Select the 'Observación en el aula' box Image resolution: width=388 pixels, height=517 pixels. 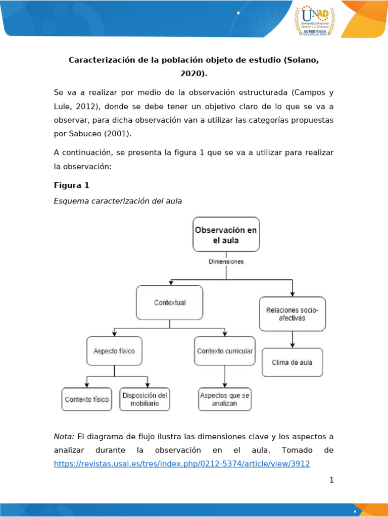[226, 234]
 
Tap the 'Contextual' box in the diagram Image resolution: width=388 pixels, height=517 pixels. [169, 302]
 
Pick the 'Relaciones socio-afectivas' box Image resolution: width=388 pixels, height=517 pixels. [292, 314]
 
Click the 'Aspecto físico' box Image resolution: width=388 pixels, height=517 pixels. [114, 351]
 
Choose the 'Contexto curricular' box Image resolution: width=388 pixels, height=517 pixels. [225, 351]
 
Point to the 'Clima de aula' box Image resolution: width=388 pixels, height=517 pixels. [292, 362]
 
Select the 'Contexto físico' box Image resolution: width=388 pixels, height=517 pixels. [86, 399]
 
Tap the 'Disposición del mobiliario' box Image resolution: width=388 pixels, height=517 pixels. [144, 399]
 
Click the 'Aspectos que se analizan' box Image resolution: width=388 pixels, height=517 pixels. [225, 399]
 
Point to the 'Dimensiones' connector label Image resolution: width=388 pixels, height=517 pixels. [226, 262]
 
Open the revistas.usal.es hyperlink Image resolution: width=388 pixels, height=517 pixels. [182, 463]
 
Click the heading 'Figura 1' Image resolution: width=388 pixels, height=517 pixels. [71, 185]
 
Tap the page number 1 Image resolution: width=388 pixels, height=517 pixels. [331, 480]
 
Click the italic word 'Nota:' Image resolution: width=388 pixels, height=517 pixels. [64, 436]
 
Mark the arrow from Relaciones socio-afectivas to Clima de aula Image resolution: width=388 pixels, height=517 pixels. [292, 339]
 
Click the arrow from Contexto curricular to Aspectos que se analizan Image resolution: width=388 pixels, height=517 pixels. [225, 377]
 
